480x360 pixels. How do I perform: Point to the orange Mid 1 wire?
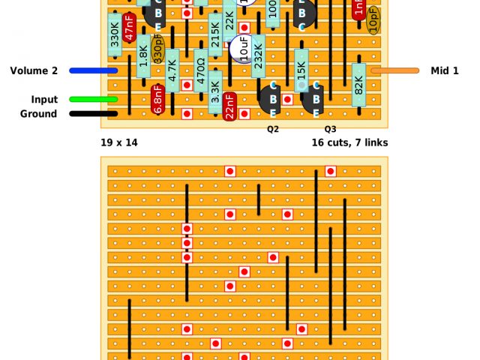tap(394, 70)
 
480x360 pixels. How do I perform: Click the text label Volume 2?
tap(34, 70)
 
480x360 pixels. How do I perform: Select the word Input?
tap(44, 100)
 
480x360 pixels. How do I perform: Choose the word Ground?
tap(38, 114)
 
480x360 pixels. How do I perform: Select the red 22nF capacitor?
tap(229, 106)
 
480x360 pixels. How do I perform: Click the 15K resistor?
tap(301, 70)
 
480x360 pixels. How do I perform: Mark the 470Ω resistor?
tap(201, 70)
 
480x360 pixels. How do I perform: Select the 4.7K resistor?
tap(172, 70)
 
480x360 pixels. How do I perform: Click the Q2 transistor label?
tap(273, 129)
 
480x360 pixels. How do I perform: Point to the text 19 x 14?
tap(118, 142)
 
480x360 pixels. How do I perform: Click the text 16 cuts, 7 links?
tap(349, 142)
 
